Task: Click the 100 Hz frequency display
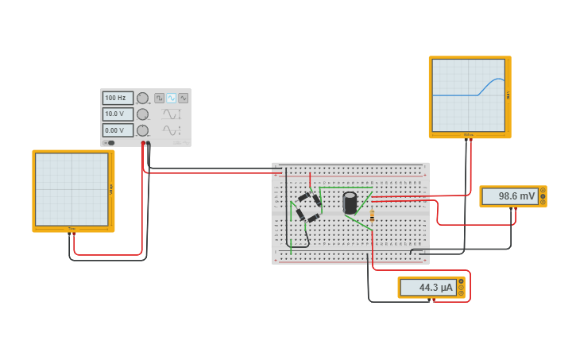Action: [117, 98]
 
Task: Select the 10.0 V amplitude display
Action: [117, 114]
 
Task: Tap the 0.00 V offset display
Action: [117, 130]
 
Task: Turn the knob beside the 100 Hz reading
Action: [142, 99]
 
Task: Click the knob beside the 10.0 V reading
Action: [142, 114]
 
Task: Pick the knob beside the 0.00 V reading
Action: [142, 130]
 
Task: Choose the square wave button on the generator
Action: [159, 98]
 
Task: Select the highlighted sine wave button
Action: [171, 98]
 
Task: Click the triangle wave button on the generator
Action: [184, 98]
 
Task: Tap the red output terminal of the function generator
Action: [143, 144]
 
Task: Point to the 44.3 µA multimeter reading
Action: [429, 287]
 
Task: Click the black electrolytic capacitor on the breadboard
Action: [350, 203]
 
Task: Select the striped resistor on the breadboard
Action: [372, 215]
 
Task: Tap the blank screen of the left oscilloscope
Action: [72, 189]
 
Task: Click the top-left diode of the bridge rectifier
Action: [303, 198]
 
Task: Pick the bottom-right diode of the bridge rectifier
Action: [313, 216]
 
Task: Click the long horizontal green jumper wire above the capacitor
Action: [346, 188]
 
